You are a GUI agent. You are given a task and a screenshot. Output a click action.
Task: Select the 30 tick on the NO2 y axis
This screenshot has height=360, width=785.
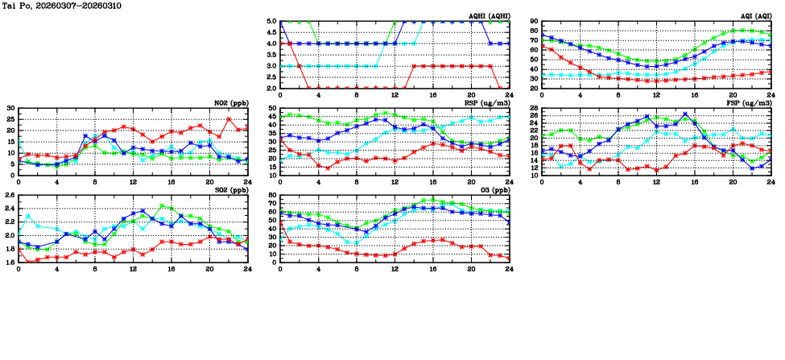pos(10,108)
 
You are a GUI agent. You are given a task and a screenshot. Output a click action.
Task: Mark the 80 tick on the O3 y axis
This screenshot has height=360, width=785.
pos(271,196)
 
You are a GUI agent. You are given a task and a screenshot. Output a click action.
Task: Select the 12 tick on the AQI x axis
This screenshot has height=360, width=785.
pos(656,94)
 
